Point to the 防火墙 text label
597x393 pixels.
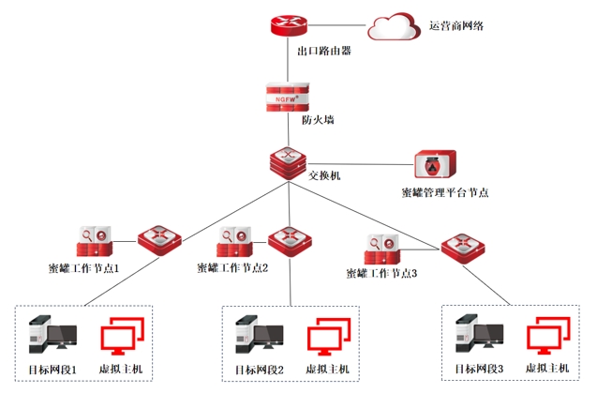click(x=318, y=120)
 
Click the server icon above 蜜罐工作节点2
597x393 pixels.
click(x=234, y=242)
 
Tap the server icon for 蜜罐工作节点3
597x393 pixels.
click(x=381, y=249)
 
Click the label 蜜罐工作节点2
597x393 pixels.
click(x=233, y=267)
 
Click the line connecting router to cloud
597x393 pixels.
click(x=336, y=25)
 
